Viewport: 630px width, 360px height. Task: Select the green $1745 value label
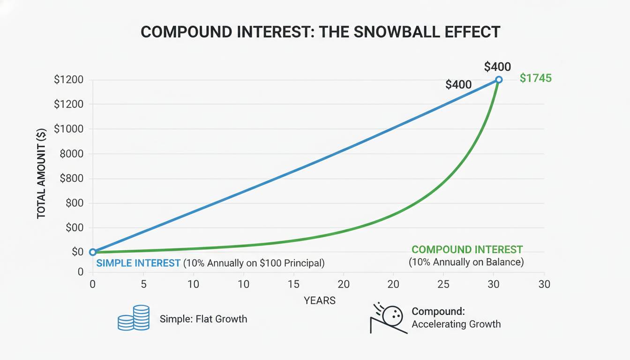point(536,78)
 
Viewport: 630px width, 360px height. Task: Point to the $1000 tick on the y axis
point(69,129)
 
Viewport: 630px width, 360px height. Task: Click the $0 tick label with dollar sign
point(77,252)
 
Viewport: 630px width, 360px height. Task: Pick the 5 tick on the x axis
point(143,284)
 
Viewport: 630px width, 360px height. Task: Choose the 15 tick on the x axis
point(293,284)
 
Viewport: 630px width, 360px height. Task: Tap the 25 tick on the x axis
point(443,284)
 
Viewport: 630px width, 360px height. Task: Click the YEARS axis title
point(320,300)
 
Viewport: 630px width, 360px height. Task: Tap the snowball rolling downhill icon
point(388,318)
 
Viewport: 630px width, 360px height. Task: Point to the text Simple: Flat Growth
point(203,319)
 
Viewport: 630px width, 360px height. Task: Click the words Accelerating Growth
point(456,324)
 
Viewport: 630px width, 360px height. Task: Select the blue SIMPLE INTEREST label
point(138,263)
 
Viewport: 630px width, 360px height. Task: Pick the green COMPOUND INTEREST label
point(466,250)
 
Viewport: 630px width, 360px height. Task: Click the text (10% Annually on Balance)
point(466,262)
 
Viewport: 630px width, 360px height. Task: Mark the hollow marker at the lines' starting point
point(93,252)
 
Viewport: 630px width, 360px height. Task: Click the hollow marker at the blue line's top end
point(499,80)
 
